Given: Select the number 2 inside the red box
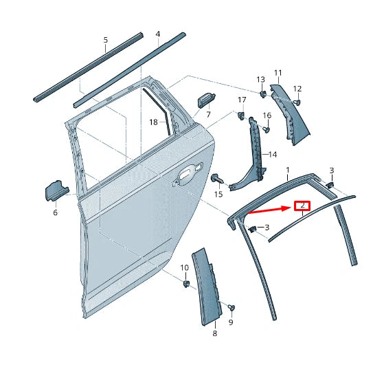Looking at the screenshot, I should pyautogui.click(x=302, y=206).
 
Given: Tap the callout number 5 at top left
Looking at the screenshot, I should pyautogui.click(x=105, y=40).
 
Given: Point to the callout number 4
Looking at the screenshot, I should pyautogui.click(x=157, y=34).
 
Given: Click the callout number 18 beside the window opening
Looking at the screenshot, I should pyautogui.click(x=153, y=122).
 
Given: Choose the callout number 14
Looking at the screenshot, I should pyautogui.click(x=272, y=154).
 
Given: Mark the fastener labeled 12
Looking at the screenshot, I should pyautogui.click(x=298, y=103).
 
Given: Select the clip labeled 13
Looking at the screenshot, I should pyautogui.click(x=262, y=93).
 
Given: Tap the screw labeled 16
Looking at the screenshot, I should pyautogui.click(x=267, y=129).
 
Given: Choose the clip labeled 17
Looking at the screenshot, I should pyautogui.click(x=241, y=115).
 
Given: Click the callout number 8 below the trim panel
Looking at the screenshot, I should pyautogui.click(x=214, y=333).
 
